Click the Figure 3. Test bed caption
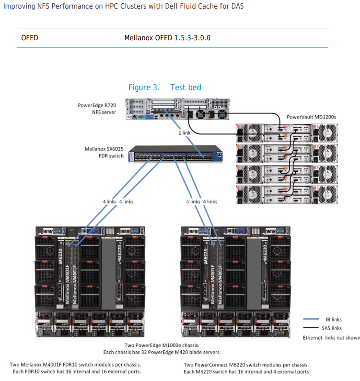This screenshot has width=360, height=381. coord(164,87)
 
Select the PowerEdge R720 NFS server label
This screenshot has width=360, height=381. coord(97,108)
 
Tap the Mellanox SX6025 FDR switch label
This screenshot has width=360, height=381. coord(104,152)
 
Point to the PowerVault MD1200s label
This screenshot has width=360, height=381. coord(312,117)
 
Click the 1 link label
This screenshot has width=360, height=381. coord(185,133)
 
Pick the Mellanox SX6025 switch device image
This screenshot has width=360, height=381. coord(175,154)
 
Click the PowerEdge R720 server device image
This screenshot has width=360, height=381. coord(177,109)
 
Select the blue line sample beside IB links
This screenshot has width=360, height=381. coord(311,319)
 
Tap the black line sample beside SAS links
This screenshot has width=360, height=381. coord(311,328)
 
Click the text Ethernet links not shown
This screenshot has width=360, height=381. coord(331,338)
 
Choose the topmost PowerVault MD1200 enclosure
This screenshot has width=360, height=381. coord(287,133)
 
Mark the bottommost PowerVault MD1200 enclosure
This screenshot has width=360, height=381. coord(287,195)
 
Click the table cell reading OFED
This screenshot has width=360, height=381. coord(30,38)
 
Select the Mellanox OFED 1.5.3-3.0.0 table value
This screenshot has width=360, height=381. coord(167,38)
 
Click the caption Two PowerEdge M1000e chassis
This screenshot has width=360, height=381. coord(162,345)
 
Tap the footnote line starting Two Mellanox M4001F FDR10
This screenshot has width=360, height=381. coord(75,365)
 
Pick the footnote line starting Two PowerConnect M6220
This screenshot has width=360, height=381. coord(246,365)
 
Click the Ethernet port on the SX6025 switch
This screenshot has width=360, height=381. coord(219,155)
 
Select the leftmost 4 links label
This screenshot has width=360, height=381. coord(109,202)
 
